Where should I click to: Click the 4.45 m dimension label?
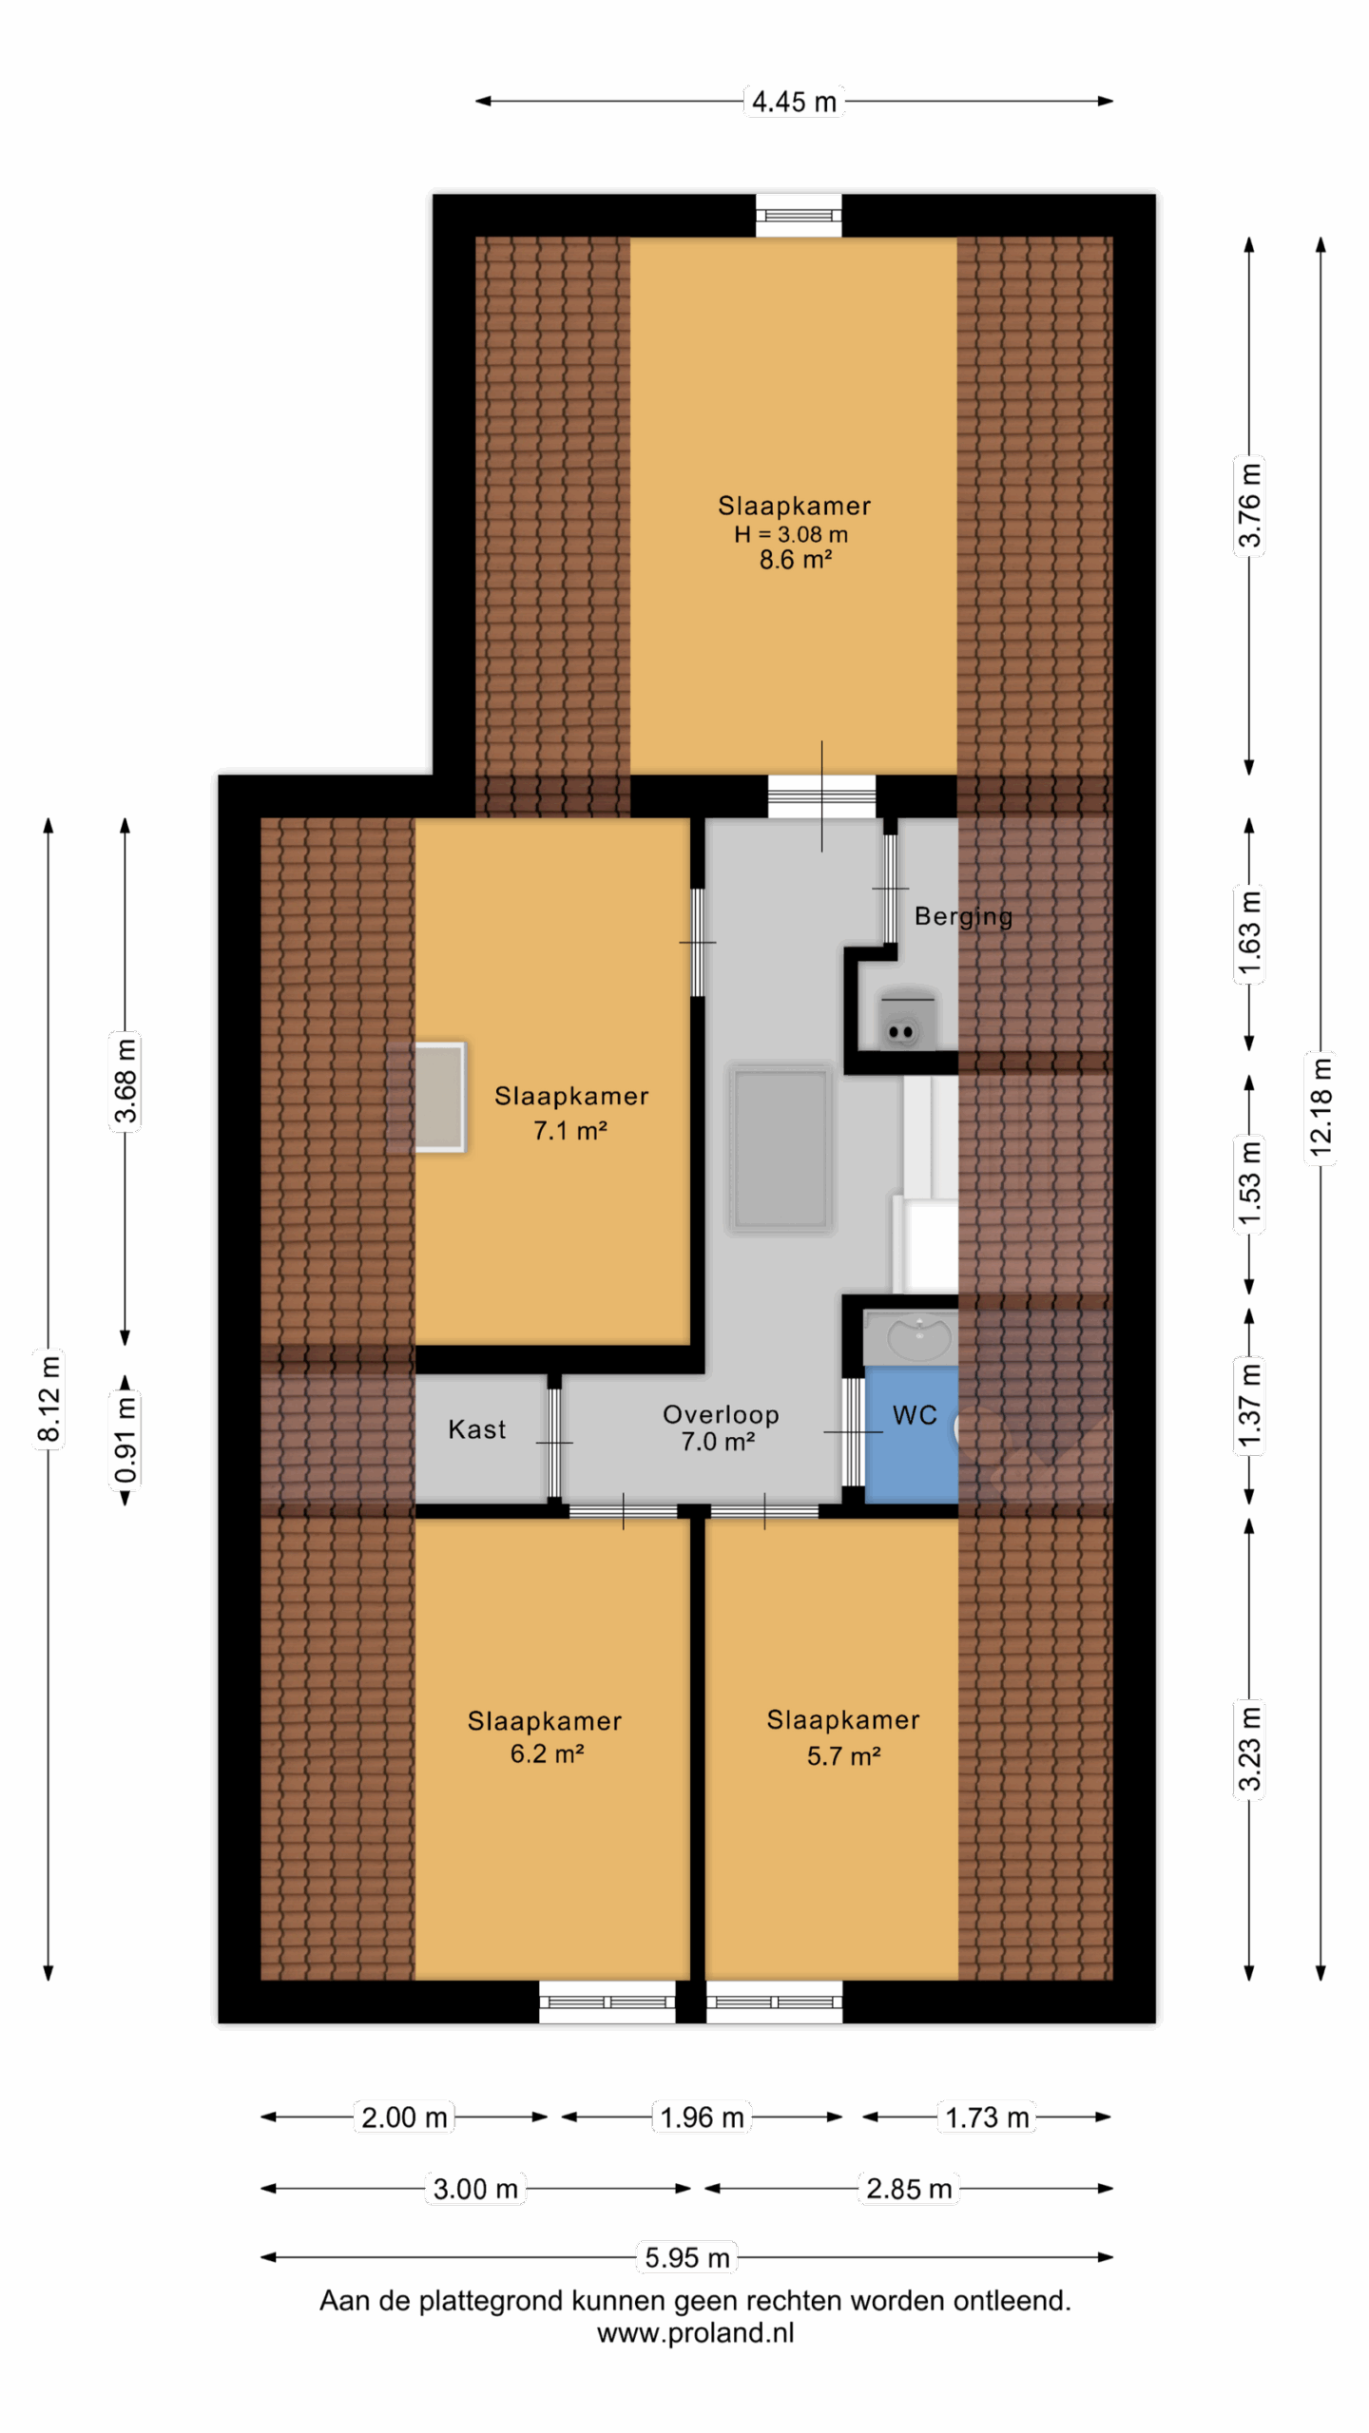[794, 102]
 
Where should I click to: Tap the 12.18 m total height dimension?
[1321, 1107]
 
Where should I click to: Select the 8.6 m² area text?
[795, 560]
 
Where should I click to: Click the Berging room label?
[963, 917]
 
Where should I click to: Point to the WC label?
[915, 1415]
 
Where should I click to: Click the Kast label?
[476, 1429]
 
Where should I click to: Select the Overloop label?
[721, 1414]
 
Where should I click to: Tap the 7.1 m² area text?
[569, 1130]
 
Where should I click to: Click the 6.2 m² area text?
[547, 1753]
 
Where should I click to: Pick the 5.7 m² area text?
[843, 1755]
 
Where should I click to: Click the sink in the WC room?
[918, 1336]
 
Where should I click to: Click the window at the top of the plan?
[799, 216]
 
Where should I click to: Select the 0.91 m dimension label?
[125, 1439]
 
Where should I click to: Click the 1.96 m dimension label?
[702, 2117]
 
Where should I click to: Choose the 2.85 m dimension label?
[909, 2189]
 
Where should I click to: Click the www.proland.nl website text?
[695, 2333]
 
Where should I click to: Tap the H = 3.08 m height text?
[791, 534]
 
